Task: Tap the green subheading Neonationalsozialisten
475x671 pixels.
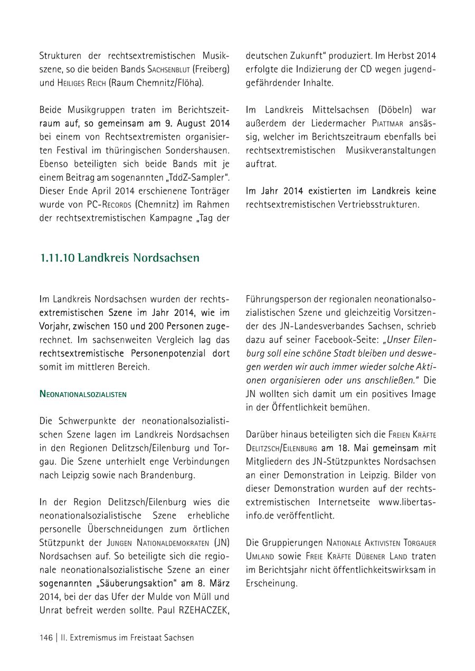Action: click(x=83, y=394)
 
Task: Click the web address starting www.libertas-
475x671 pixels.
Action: click(x=407, y=502)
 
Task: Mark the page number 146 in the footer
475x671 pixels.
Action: click(x=46, y=638)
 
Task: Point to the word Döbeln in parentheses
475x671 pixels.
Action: click(x=397, y=110)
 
